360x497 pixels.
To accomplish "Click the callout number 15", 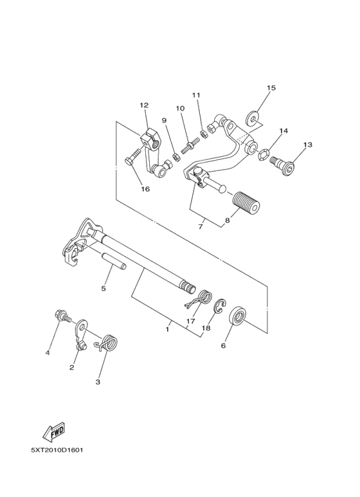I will [271, 87].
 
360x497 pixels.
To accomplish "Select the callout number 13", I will [307, 145].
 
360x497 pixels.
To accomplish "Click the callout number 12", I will [143, 105].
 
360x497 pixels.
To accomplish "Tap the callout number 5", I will [103, 289].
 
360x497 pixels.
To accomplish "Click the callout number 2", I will [72, 367].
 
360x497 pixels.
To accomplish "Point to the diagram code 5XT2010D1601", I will [57, 449].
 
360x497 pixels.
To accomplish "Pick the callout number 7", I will [201, 226].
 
